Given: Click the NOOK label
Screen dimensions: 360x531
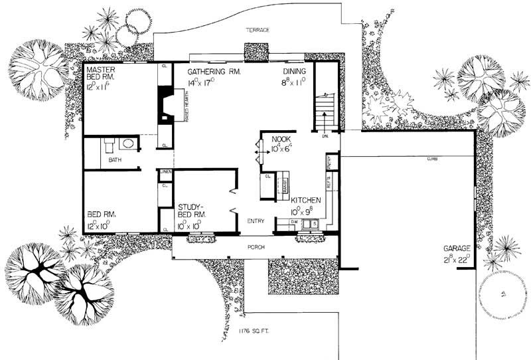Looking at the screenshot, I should tap(273, 139).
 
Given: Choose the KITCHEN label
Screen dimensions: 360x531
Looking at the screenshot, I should tap(306, 200).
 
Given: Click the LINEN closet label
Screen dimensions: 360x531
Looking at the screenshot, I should tap(166, 173).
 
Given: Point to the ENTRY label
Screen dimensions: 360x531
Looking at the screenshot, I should tap(256, 221).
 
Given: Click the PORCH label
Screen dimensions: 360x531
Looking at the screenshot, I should tap(258, 247).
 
